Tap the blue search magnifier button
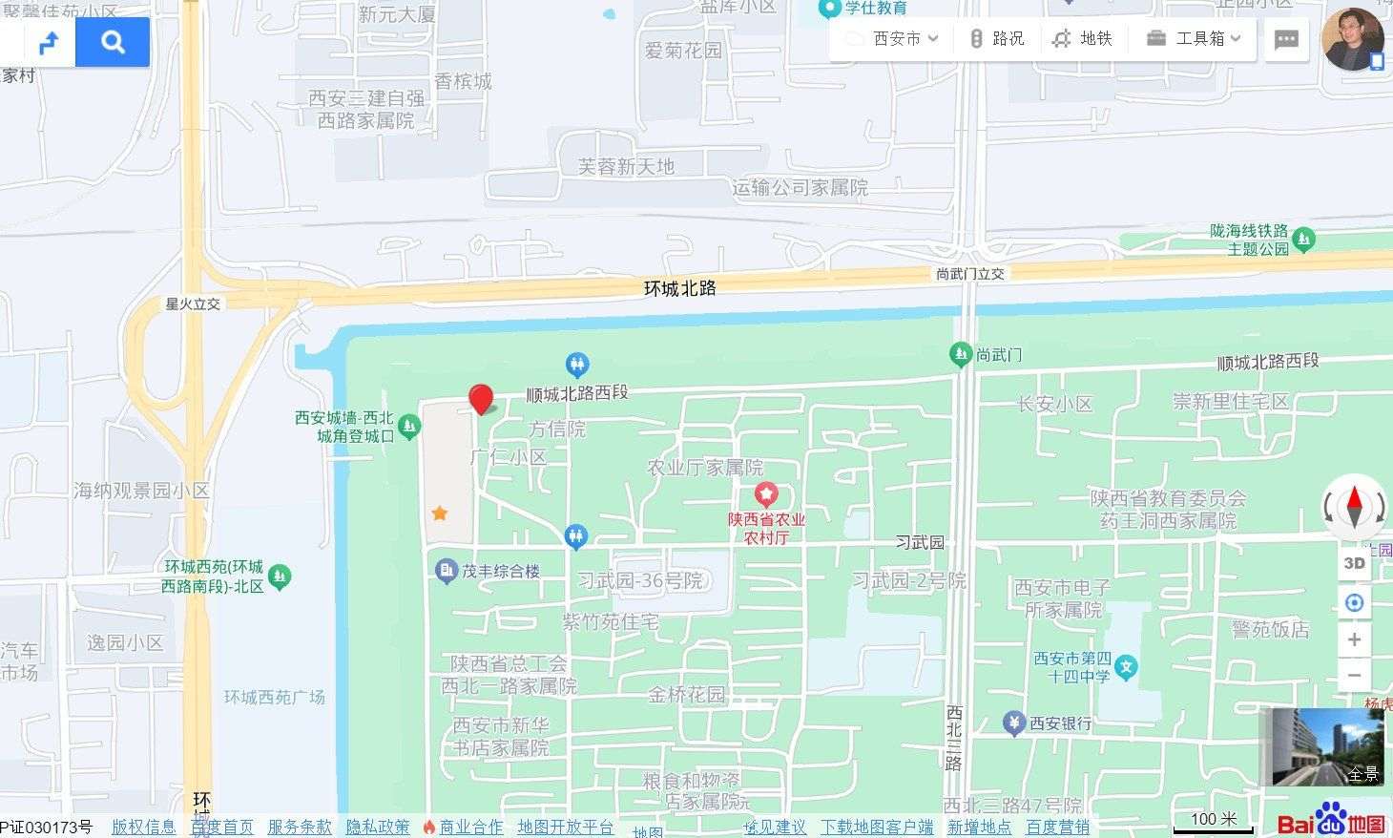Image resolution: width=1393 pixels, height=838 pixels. click(x=113, y=42)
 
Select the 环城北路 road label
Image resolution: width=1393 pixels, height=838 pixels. click(x=679, y=287)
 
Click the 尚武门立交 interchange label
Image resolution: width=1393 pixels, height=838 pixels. click(x=969, y=274)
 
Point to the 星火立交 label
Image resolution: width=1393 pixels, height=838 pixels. click(x=193, y=304)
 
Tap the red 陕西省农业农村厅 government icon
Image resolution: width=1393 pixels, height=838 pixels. click(x=766, y=494)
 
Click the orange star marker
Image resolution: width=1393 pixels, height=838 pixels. click(x=439, y=513)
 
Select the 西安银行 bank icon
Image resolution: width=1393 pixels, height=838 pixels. click(x=1014, y=723)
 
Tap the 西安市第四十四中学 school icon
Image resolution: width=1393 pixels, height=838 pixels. click(x=1127, y=666)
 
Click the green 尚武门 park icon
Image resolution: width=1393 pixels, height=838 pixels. click(x=961, y=355)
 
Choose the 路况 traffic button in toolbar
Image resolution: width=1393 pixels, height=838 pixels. click(x=996, y=38)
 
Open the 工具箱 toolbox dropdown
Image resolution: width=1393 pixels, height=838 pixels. click(x=1194, y=38)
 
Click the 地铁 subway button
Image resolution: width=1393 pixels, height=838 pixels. click(x=1082, y=38)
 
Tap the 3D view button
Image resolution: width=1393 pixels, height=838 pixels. click(x=1354, y=563)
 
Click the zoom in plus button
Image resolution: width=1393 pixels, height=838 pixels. click(x=1354, y=639)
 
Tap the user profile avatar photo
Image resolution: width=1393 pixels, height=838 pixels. click(x=1352, y=39)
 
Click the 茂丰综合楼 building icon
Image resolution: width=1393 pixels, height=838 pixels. click(x=446, y=571)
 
